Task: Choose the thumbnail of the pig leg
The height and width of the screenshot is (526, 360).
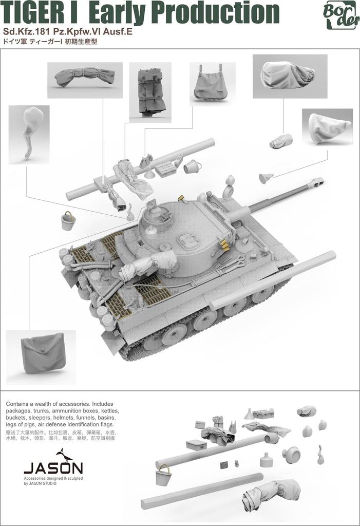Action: tap(29, 133)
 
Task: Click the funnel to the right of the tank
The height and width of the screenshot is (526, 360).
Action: tap(266, 178)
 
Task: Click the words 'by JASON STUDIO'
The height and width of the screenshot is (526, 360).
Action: tap(41, 483)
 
